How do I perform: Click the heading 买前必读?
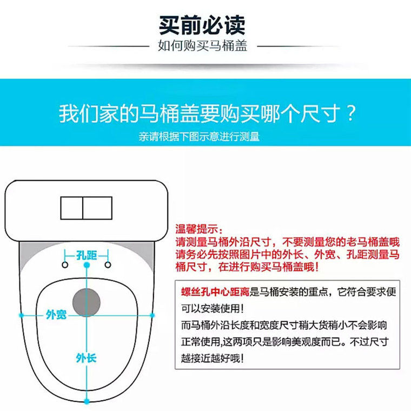click(202, 25)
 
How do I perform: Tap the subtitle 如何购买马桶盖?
click(202, 45)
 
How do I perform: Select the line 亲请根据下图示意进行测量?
click(199, 137)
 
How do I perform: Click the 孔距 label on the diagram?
click(87, 255)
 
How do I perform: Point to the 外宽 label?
click(56, 315)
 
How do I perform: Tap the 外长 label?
click(86, 358)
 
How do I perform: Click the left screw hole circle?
click(65, 265)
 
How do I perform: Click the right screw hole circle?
click(108, 265)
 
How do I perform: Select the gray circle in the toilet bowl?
click(86, 302)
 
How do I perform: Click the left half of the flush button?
click(71, 208)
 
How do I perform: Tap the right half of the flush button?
click(97, 208)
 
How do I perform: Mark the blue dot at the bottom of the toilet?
click(87, 401)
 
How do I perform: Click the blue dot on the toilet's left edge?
click(22, 315)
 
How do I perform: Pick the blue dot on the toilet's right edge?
click(152, 315)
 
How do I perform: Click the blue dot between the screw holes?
click(87, 265)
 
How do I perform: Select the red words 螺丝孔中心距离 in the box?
click(215, 291)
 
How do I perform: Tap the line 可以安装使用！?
click(213, 308)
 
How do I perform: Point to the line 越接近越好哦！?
click(213, 358)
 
